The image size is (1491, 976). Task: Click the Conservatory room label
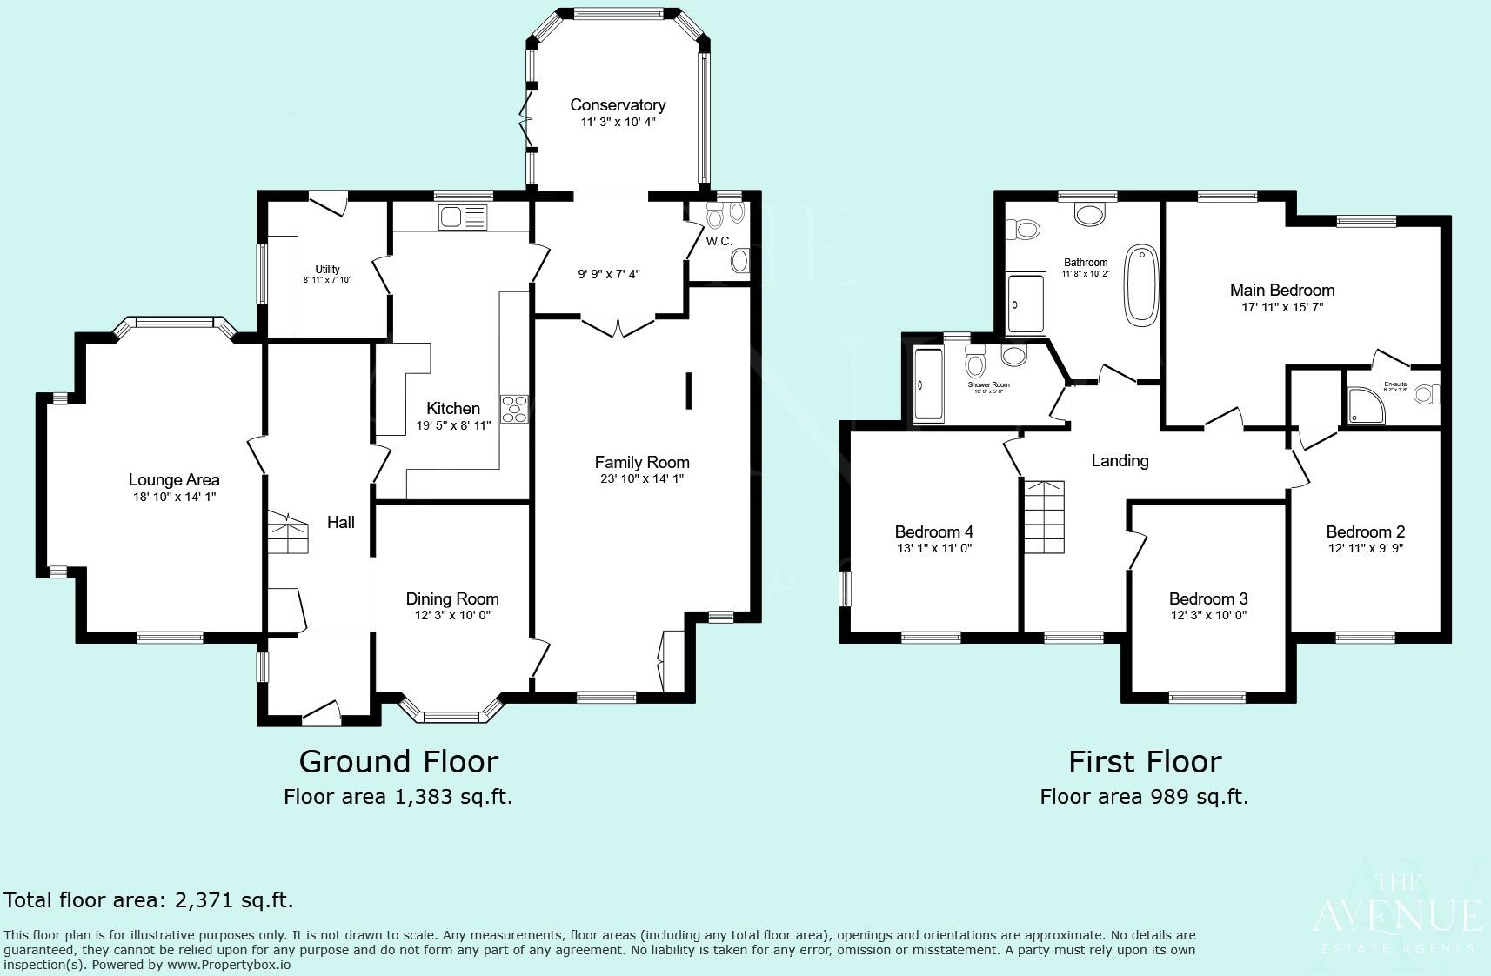[618, 104]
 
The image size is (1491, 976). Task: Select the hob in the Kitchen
[514, 409]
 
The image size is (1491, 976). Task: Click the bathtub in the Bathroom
[1141, 285]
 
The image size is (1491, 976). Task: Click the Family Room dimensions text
[642, 478]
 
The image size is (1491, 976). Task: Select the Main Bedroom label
[1281, 290]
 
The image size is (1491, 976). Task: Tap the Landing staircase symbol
[1043, 517]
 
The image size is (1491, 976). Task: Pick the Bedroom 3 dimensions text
[1207, 615]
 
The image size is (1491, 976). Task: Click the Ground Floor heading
[398, 761]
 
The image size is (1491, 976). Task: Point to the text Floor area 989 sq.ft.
[1144, 797]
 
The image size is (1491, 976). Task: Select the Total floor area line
[149, 900]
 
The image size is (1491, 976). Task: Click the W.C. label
[719, 241]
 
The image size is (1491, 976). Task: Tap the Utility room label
[327, 269]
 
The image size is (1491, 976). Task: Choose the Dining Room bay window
[451, 713]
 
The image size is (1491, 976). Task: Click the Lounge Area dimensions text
[173, 497]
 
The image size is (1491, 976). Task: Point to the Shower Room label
[988, 384]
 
